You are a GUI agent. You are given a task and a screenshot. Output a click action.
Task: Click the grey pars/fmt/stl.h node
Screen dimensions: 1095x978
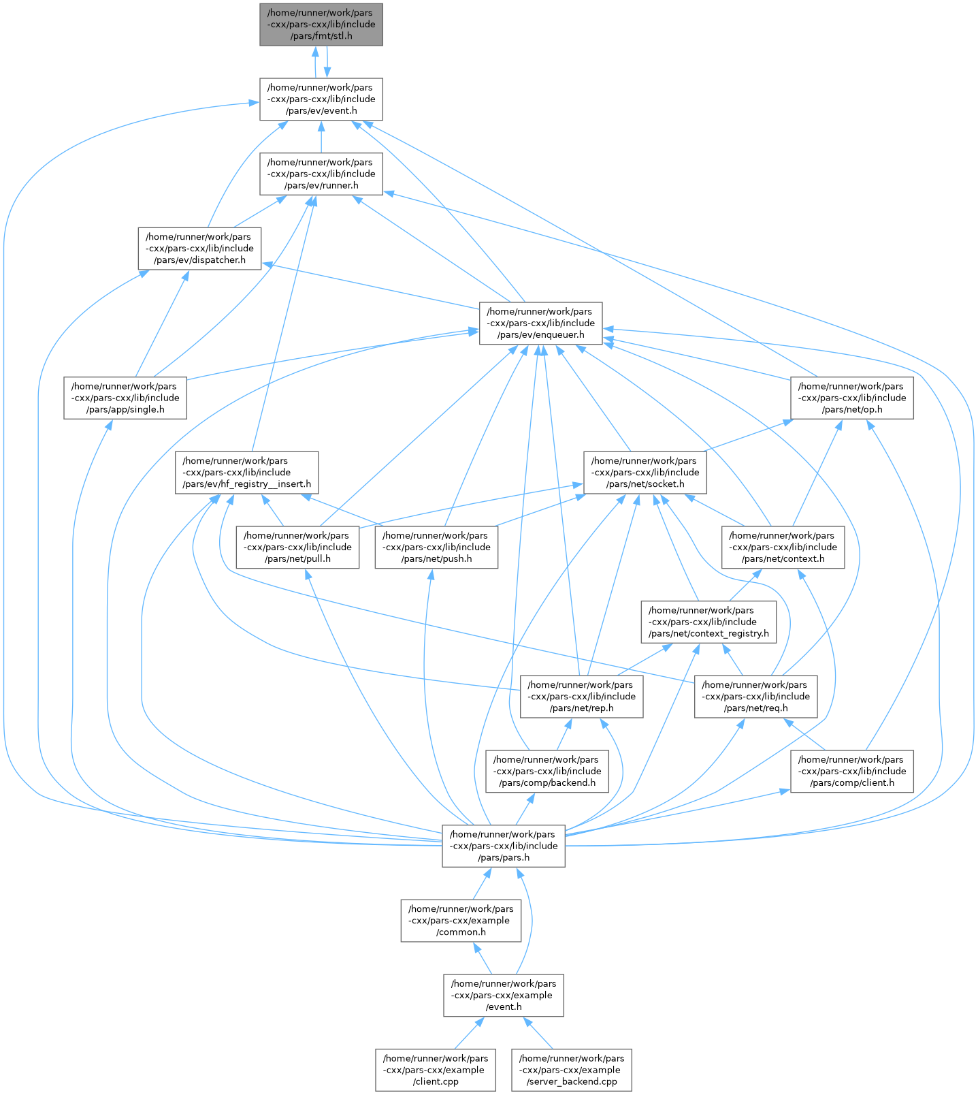click(x=321, y=25)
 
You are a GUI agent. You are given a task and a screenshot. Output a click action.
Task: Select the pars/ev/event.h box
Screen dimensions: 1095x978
click(x=321, y=99)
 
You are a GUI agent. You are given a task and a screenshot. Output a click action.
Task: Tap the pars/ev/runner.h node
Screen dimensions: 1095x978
click(x=321, y=174)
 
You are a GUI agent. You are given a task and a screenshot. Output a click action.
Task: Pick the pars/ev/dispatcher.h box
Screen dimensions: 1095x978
click(x=199, y=249)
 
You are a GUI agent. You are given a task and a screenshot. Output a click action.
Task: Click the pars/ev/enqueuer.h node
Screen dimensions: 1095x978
click(x=540, y=323)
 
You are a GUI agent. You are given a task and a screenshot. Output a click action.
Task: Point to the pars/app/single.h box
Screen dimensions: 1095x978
click(x=125, y=398)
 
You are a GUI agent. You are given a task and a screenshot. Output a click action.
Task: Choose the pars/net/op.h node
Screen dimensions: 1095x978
click(x=851, y=398)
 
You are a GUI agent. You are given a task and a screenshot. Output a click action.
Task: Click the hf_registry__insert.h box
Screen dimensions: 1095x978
click(x=247, y=473)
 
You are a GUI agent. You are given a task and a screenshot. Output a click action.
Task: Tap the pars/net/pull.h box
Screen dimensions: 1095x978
click(x=297, y=547)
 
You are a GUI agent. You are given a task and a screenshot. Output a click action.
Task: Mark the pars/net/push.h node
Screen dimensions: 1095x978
click(x=436, y=547)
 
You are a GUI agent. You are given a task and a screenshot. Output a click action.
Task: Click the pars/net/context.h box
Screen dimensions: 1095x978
click(x=783, y=547)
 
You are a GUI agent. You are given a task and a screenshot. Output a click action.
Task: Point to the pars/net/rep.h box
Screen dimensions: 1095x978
click(x=581, y=696)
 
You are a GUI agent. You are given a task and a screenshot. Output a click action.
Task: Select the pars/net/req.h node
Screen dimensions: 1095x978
click(x=755, y=696)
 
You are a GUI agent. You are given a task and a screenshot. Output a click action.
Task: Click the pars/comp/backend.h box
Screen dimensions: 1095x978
click(x=547, y=771)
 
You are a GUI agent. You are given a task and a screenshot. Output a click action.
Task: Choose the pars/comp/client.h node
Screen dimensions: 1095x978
click(x=851, y=771)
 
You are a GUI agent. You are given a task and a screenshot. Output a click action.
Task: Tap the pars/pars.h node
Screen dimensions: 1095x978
click(x=504, y=846)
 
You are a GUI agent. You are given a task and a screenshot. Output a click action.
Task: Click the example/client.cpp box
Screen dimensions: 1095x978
click(x=436, y=1070)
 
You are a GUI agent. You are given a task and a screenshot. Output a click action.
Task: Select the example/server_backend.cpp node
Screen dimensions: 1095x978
click(x=572, y=1070)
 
